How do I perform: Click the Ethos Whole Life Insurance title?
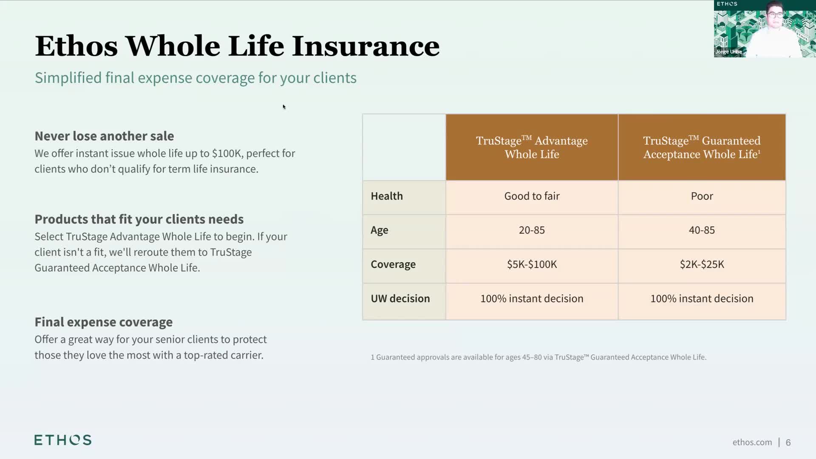[237, 46]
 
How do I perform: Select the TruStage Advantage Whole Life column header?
[532, 147]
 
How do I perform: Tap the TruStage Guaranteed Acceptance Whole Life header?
[702, 147]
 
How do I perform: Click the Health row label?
[387, 196]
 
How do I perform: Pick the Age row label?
[380, 230]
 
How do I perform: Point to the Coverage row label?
[393, 264]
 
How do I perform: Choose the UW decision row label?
[400, 298]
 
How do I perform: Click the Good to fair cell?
[532, 196]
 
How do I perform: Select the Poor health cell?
[702, 196]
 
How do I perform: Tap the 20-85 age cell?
[532, 230]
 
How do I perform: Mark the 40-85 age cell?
[702, 230]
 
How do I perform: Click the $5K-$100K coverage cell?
[532, 264]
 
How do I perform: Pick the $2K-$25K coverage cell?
[702, 264]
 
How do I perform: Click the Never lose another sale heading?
[104, 136]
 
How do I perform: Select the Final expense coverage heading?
[104, 322]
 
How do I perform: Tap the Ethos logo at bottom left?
[63, 440]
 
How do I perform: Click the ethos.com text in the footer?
[752, 442]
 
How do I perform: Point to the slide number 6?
[788, 442]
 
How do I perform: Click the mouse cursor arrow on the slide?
[284, 107]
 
